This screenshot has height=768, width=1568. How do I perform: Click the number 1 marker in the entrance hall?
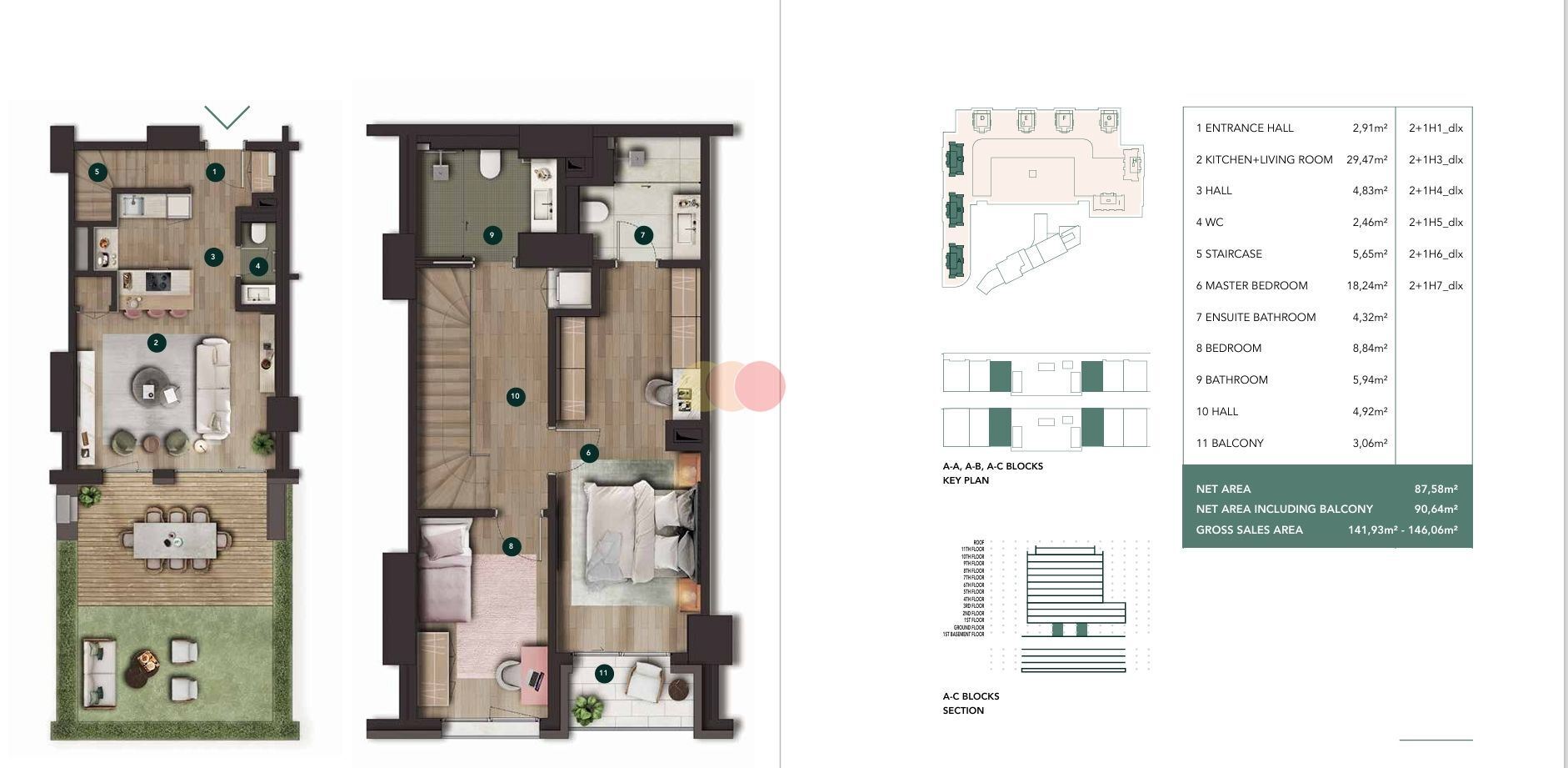coord(214,172)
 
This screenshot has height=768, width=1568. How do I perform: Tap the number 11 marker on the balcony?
coord(604,673)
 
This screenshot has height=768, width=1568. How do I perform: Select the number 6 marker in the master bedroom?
coord(588,453)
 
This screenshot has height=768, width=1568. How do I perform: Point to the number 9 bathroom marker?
coord(492,235)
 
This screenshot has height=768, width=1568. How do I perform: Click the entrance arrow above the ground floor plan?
coord(227,118)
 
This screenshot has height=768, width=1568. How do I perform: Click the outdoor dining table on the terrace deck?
coord(175,540)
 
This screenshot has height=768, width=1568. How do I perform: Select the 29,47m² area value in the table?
coord(1366,159)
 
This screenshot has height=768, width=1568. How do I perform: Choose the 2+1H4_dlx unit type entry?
coord(1436,191)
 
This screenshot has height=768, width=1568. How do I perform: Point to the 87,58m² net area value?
coord(1436,489)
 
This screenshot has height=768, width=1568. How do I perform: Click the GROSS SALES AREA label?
coord(1249,530)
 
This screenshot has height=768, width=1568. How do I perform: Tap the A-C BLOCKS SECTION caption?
coord(971,703)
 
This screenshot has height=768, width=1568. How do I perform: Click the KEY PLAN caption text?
coord(966,480)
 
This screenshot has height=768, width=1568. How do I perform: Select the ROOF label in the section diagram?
coord(978,543)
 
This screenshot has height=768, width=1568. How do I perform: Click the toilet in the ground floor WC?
coord(257,233)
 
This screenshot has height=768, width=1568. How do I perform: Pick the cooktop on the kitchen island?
coord(158,282)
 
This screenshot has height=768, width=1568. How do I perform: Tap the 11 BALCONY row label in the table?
coord(1230,443)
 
